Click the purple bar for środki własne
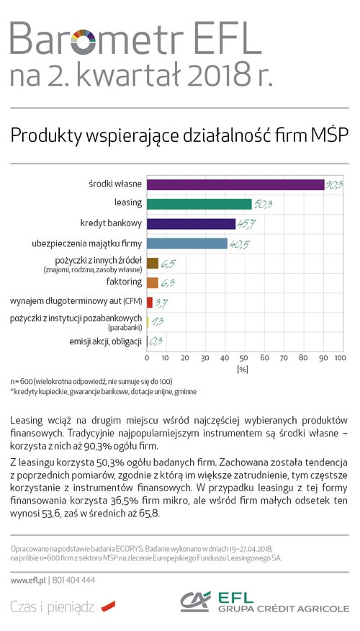point(235,184)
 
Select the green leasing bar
point(199,204)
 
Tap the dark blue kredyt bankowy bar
point(191,224)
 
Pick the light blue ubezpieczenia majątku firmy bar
point(187,243)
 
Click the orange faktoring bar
point(153,282)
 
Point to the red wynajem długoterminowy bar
point(150,303)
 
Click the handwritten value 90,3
point(333,186)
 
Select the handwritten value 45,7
point(246,225)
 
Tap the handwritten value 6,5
point(168,264)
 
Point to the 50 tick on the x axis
point(244,358)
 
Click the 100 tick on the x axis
point(341,358)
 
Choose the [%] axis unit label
point(243,370)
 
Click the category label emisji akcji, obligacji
point(106,342)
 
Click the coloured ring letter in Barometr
point(84,42)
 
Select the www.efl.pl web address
point(28,581)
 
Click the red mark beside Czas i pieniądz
point(108,606)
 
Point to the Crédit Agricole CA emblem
point(196,601)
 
